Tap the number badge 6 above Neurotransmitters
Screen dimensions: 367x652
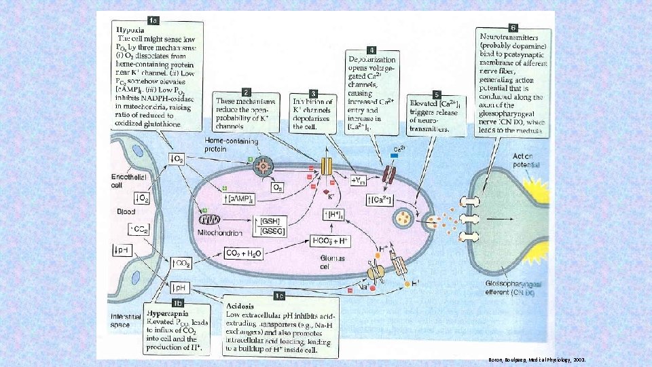(x=513, y=27)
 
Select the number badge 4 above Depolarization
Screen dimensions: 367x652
(x=371, y=50)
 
